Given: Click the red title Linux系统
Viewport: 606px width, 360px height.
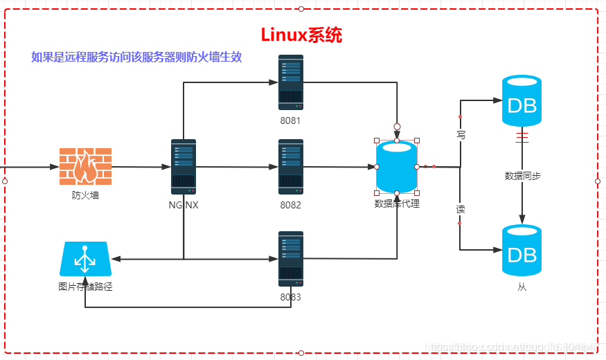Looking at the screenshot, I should [301, 35].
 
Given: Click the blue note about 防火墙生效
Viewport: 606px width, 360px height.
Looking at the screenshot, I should [136, 57].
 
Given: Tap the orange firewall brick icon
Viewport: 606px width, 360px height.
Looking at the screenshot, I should [85, 166].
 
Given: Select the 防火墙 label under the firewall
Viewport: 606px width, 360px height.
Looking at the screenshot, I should [85, 195].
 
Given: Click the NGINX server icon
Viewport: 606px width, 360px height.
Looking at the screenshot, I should [184, 166].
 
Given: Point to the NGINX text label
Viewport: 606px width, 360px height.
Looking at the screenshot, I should [184, 205].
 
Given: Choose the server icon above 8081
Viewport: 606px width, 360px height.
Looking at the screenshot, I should [291, 82].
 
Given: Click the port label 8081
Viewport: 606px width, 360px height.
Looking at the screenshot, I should [291, 120].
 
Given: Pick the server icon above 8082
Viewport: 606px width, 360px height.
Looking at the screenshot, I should [291, 166].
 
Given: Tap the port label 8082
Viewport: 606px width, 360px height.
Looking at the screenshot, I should [291, 205].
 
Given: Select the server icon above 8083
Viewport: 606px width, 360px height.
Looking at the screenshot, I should [291, 258].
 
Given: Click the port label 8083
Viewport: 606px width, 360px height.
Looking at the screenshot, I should [291, 297].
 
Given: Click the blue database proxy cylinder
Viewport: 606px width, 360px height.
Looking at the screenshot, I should [397, 166].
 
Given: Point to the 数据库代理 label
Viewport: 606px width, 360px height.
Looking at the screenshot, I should [397, 204].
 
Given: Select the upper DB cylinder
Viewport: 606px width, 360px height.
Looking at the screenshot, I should [522, 101].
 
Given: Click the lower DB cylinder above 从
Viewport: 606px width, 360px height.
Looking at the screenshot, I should [522, 251].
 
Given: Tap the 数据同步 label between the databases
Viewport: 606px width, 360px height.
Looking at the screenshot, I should [522, 176].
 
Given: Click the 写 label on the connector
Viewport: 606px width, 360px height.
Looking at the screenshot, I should [461, 135].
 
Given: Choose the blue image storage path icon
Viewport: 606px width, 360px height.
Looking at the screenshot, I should [85, 259].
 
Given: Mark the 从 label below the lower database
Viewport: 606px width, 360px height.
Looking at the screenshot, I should [522, 286].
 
